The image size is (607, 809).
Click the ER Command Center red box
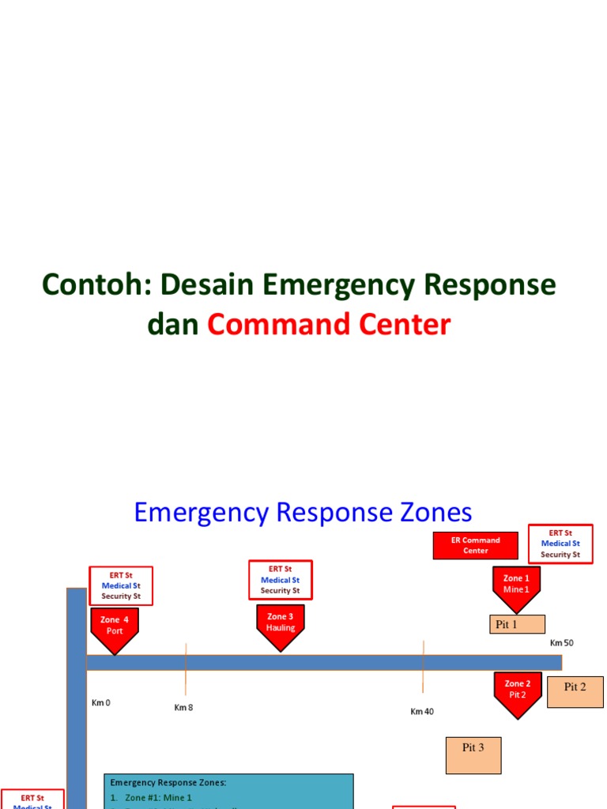tap(475, 545)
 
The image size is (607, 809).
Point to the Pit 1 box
tap(517, 624)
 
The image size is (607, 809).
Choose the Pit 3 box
tap(473, 754)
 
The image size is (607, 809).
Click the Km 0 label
tap(100, 702)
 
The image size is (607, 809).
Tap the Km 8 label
tap(183, 707)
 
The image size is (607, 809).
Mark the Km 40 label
tap(422, 711)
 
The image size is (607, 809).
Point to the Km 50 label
tap(562, 642)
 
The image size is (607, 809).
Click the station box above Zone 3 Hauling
tap(280, 580)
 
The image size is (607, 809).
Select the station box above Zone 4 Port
tap(121, 585)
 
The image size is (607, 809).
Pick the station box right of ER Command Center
tap(560, 544)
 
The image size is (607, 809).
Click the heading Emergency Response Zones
tap(303, 512)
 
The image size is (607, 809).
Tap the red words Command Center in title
tap(329, 324)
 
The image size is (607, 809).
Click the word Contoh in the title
tap(89, 284)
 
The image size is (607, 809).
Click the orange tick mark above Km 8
tap(186, 668)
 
